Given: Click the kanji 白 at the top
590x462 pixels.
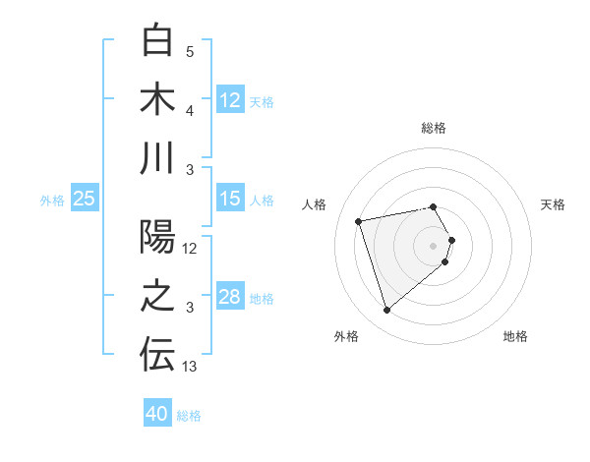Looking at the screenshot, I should [157, 40].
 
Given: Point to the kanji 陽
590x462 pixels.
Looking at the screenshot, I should [157, 239].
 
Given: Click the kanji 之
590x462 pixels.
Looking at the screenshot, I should [157, 298].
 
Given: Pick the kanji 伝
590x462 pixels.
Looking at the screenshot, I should [157, 356].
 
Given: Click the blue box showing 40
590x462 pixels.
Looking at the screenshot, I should [157, 414].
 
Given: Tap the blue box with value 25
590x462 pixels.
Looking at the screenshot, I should [85, 199].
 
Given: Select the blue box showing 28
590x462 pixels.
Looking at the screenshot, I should [229, 298].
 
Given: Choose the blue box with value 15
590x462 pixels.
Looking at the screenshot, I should [229, 199].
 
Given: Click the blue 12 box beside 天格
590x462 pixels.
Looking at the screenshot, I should [229, 100].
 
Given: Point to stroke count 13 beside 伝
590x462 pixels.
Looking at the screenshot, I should [190, 367].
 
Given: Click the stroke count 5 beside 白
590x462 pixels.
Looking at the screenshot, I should [190, 51].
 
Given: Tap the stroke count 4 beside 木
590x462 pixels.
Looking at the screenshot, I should [190, 109].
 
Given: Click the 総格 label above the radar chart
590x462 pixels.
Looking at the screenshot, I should [434, 128].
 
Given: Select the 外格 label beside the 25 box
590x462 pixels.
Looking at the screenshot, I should [52, 200].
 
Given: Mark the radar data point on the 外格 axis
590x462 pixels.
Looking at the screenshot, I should [386, 311].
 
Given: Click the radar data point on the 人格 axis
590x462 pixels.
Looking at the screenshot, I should [359, 220].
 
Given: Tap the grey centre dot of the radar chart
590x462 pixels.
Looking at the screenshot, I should [434, 244].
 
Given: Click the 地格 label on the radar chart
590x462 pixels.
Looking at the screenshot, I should [515, 336].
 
